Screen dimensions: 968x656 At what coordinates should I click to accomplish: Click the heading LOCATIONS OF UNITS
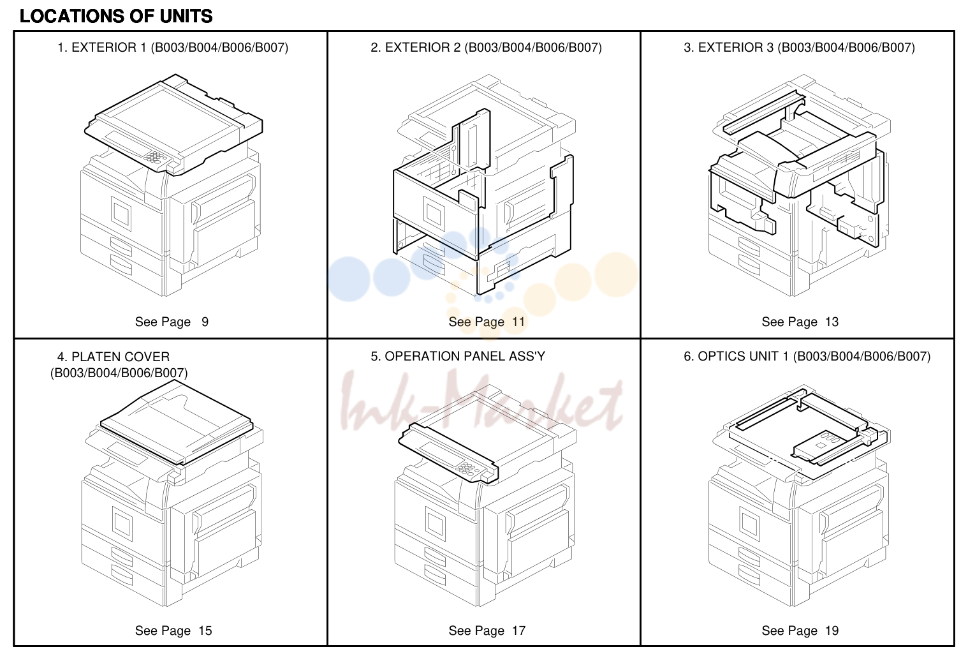[116, 17]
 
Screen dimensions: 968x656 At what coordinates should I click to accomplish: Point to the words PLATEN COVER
[121, 357]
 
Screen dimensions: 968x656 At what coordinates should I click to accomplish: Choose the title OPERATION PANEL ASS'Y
[465, 356]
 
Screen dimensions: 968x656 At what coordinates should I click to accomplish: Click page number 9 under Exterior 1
[205, 322]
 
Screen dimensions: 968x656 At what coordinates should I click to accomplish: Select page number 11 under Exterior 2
[518, 322]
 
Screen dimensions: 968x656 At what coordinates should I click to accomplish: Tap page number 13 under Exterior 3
[832, 322]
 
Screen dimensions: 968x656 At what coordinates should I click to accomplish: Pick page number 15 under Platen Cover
[205, 630]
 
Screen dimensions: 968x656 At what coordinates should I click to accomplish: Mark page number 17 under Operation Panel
[518, 630]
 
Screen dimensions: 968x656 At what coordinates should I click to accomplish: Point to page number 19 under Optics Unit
[832, 630]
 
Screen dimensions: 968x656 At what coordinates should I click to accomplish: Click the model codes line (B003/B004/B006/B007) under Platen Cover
[119, 373]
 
